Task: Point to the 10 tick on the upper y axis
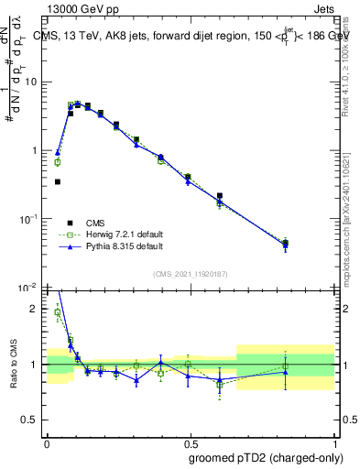(x=33, y=82)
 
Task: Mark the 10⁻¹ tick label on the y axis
(x=31, y=219)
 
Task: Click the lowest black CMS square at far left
(x=58, y=181)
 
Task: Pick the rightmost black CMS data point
(x=285, y=244)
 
